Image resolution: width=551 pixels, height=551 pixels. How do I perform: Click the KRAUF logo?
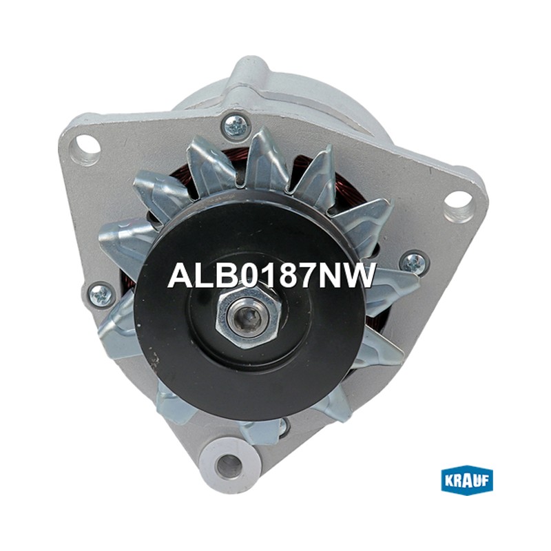467,480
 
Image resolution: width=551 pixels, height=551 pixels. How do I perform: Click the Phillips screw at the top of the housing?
236,126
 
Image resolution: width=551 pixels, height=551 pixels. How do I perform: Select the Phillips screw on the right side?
414,262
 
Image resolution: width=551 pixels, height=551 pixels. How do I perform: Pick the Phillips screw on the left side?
102,295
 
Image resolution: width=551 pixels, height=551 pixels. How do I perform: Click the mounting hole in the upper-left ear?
85,145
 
